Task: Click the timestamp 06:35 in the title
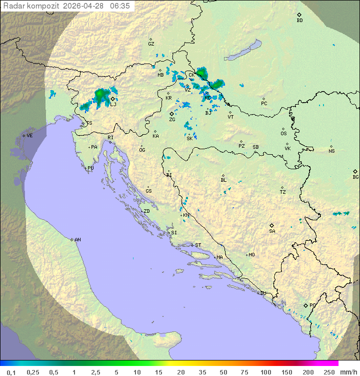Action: click(x=120, y=6)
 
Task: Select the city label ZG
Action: click(x=172, y=120)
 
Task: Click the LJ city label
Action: click(x=113, y=104)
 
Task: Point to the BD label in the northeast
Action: click(x=299, y=21)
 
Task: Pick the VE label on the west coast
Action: click(x=29, y=136)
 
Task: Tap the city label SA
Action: click(x=272, y=231)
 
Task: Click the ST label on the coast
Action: click(x=198, y=245)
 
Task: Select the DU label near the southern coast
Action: click(x=262, y=293)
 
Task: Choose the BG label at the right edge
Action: click(x=355, y=177)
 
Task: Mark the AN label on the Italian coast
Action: click(x=77, y=240)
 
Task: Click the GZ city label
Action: click(x=151, y=44)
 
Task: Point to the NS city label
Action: click(x=331, y=151)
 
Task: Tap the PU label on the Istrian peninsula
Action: click(x=90, y=168)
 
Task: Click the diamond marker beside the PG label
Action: click(x=305, y=305)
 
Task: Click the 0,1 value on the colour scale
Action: click(x=11, y=372)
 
